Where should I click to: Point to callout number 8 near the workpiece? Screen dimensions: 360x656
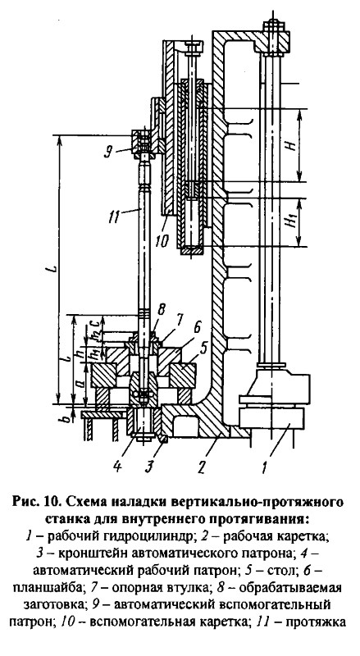[162, 311]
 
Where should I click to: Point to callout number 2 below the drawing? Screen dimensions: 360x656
[202, 466]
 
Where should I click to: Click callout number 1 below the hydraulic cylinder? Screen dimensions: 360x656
[264, 466]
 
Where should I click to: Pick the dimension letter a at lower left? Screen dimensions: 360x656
[82, 384]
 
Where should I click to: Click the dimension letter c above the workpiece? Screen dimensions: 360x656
[95, 322]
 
